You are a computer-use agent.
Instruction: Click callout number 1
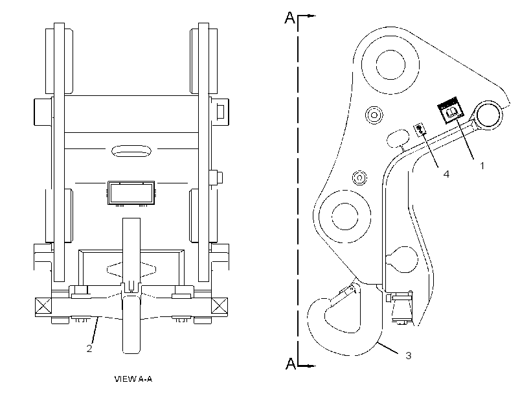[x=482, y=165]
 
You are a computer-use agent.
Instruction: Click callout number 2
[x=89, y=348]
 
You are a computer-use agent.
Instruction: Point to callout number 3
[x=409, y=355]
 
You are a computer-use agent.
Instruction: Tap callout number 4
[x=446, y=174]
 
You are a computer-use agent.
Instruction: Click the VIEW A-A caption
[x=133, y=379]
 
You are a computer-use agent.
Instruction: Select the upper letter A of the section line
[x=290, y=18]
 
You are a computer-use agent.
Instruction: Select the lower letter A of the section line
[x=291, y=363]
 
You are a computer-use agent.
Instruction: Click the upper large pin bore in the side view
[x=390, y=64]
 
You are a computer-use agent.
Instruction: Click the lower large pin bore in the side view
[x=345, y=217]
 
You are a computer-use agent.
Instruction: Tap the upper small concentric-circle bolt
[x=374, y=115]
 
